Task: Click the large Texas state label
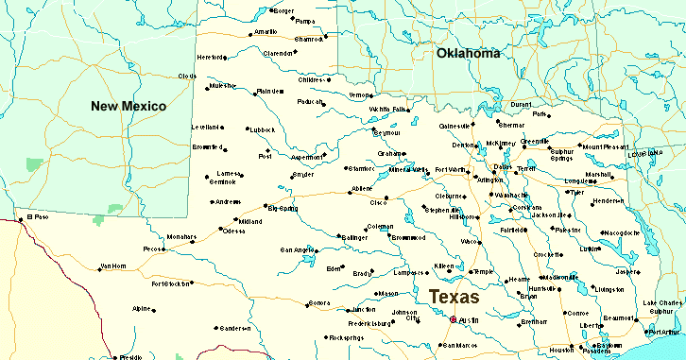tap(454, 297)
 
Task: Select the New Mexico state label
tap(129, 105)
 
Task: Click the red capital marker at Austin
tap(454, 320)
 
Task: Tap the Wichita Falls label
tap(388, 109)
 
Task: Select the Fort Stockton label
tap(170, 283)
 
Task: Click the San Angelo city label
tap(298, 249)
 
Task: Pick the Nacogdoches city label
tap(621, 231)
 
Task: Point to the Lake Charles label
tap(662, 302)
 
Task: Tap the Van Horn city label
tap(112, 266)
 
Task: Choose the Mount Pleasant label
tap(606, 146)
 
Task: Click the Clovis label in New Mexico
tap(186, 76)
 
